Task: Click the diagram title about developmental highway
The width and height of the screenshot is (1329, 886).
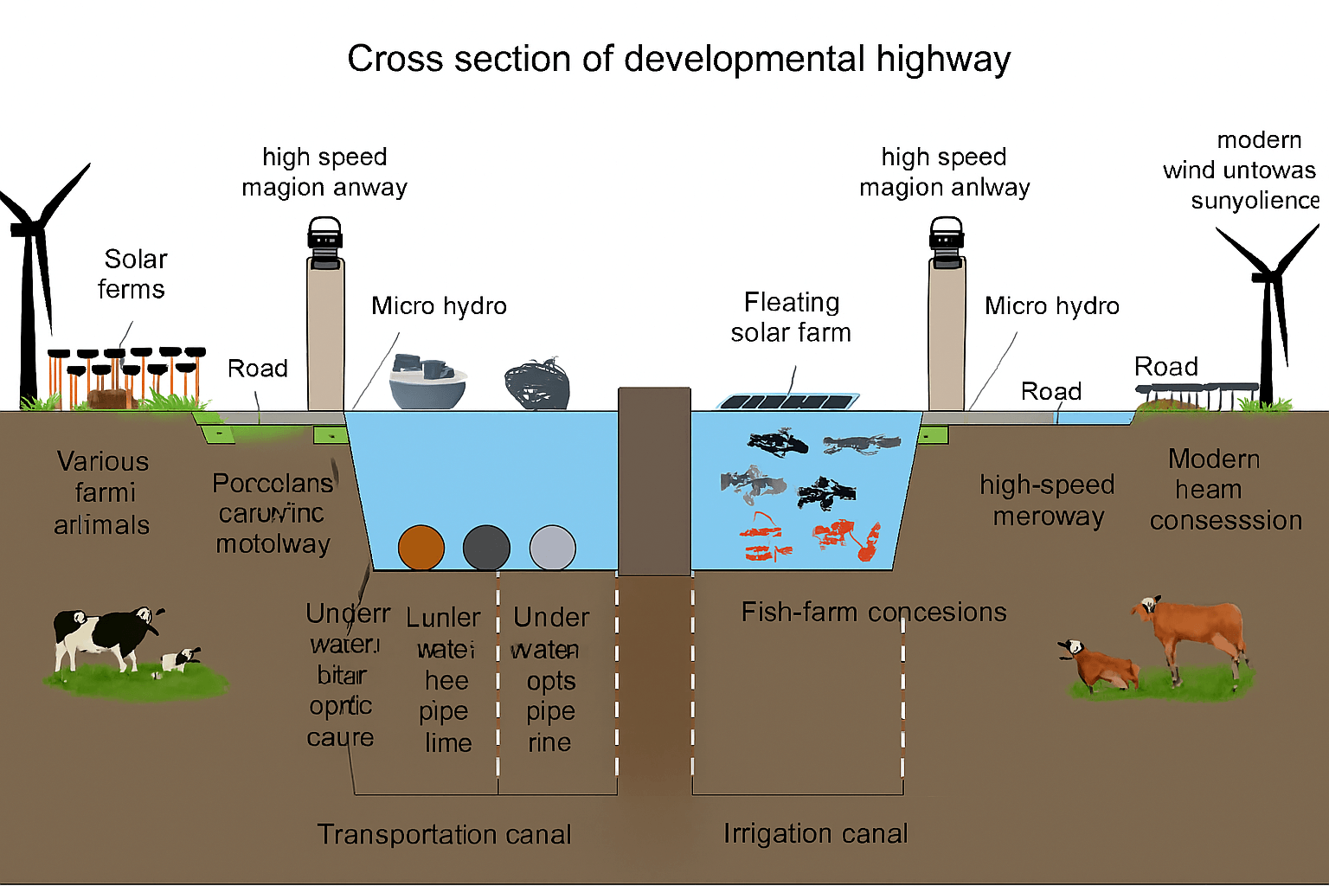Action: coord(678,59)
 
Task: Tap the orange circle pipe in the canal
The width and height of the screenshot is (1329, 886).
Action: coord(421,548)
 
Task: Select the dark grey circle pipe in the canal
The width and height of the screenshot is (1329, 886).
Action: coord(486,548)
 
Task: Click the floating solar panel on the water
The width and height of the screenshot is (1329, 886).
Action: coord(787,401)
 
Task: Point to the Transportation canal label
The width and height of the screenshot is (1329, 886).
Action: coord(444,834)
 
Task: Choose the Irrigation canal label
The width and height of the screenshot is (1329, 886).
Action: coord(815,833)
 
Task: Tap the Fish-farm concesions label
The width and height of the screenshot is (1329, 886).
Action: coord(873,612)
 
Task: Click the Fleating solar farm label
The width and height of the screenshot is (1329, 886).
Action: coord(791,317)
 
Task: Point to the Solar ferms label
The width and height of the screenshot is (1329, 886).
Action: coord(133,274)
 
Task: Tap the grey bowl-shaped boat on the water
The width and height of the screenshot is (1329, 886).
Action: coord(427,382)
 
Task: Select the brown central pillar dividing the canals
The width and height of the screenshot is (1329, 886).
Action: coord(654,481)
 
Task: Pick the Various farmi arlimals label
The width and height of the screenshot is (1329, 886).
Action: coord(102,492)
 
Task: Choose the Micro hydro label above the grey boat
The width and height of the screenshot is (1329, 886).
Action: coord(439,305)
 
